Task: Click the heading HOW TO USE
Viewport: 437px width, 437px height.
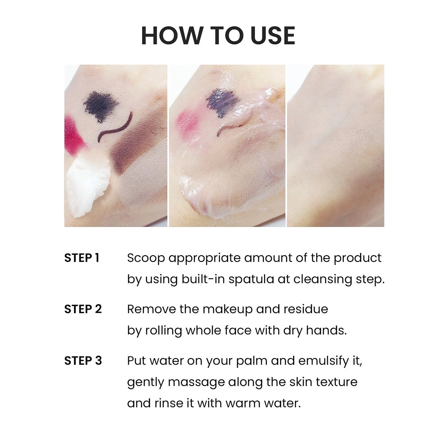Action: coord(218,35)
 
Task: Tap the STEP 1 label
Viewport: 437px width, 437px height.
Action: coord(82,258)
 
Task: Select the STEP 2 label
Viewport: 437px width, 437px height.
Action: coord(83,309)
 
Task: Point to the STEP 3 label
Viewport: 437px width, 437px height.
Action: coord(83,361)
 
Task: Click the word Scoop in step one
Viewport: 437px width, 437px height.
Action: coord(146,258)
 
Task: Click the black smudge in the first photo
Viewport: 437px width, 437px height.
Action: coord(99,106)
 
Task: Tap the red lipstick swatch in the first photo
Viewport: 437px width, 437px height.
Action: coord(73,135)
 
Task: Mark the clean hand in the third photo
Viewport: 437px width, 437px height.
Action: coord(335,146)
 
